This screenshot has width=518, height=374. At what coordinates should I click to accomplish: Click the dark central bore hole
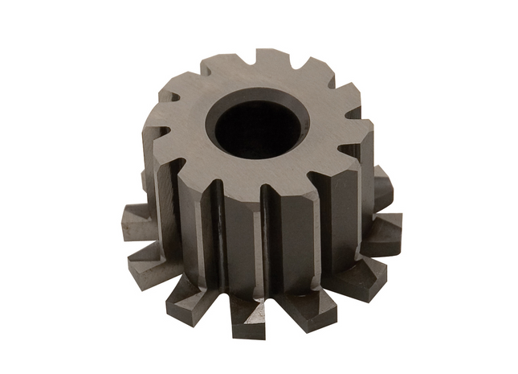tap(255, 128)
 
